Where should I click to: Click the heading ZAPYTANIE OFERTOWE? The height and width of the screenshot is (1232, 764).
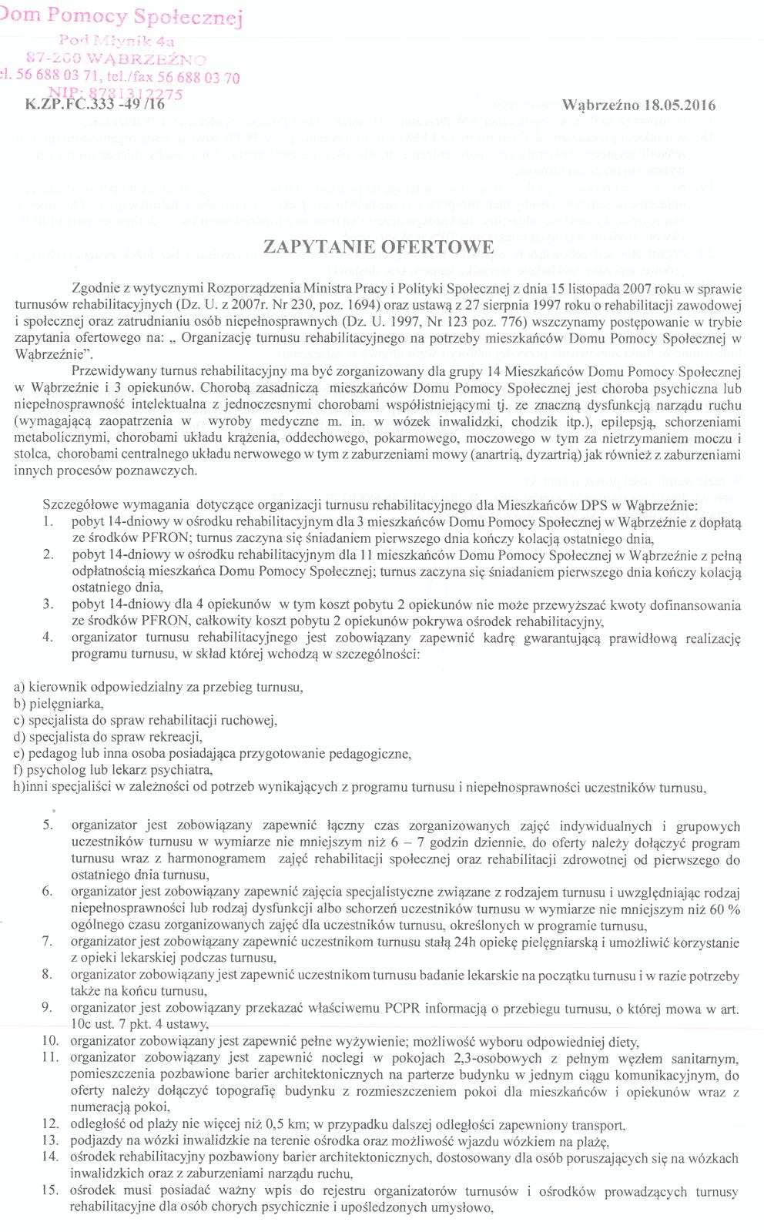click(x=378, y=247)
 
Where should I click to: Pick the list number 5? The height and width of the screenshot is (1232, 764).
click(x=48, y=826)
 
